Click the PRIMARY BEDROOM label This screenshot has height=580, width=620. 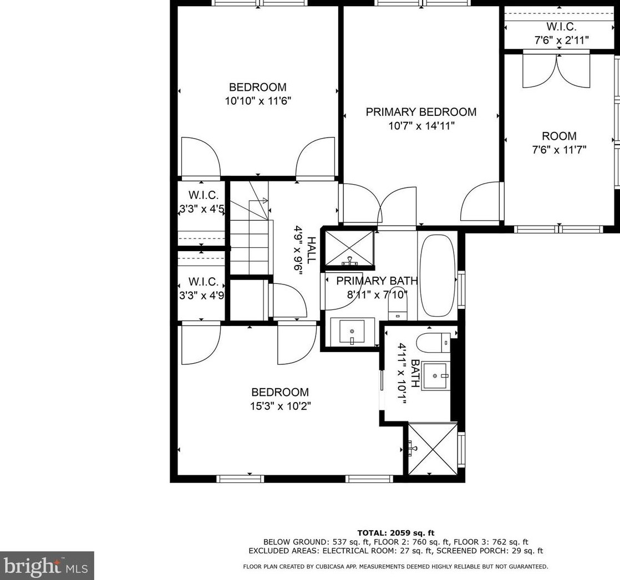point(421,112)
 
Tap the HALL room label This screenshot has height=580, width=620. point(312,250)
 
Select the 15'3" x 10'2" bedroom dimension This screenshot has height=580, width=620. point(281,406)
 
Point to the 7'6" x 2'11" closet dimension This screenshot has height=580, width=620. point(561,40)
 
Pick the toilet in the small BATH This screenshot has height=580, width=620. point(433,343)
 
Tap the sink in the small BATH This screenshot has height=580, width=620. point(435,375)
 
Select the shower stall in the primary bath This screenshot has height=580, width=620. point(349,248)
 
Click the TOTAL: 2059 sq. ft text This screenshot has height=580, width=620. point(396,533)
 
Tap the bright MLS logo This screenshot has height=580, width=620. point(47,566)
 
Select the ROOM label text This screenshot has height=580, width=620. point(559,136)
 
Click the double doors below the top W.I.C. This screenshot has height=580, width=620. point(556,70)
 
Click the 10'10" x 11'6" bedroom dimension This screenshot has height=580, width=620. point(258,101)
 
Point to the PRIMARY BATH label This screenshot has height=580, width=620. point(377,281)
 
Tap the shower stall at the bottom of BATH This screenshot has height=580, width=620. point(433,449)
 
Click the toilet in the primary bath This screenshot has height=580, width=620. point(398,308)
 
